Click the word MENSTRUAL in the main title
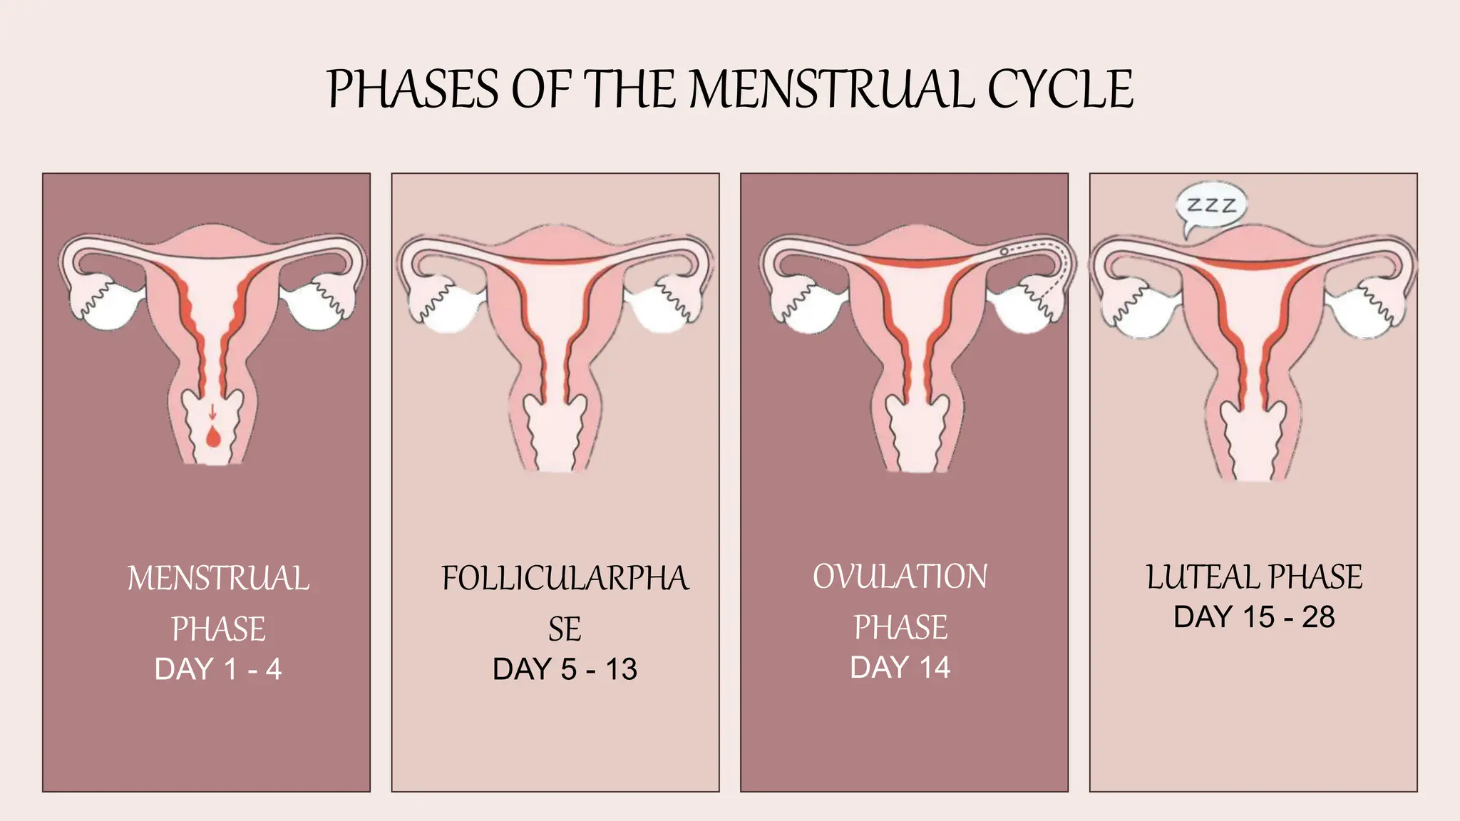[831, 90]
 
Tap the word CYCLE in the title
[1060, 90]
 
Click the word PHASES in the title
[413, 90]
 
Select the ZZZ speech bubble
[1210, 209]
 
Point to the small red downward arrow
[212, 411]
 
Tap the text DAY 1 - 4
[218, 669]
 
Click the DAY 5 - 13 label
[565, 669]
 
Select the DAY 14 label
[900, 668]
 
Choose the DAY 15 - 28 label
[1254, 617]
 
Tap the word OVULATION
[900, 577]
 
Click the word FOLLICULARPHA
[565, 578]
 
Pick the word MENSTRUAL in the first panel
[218, 578]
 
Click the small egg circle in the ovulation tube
[1004, 251]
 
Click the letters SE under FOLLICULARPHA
[565, 629]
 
